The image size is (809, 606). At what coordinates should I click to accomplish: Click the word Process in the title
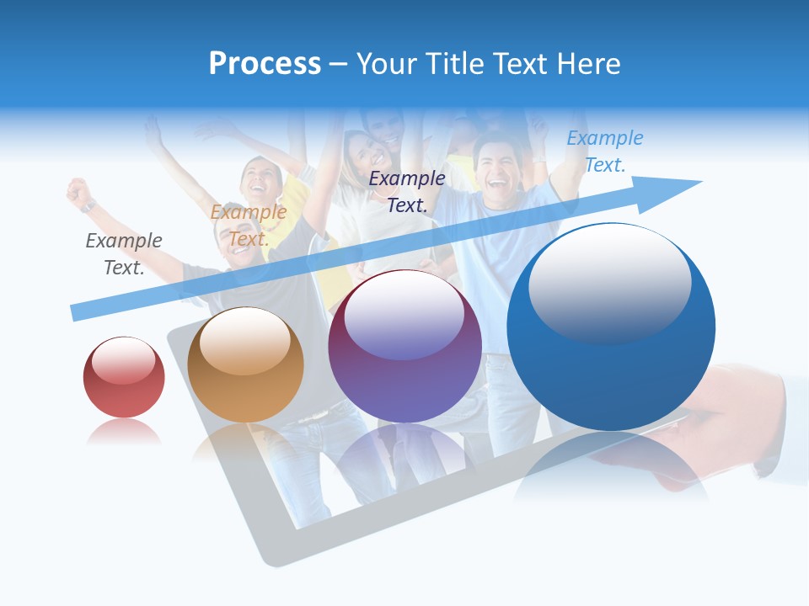point(265,64)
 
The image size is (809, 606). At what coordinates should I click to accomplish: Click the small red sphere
point(124,377)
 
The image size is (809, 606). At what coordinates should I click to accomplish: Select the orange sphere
point(245,365)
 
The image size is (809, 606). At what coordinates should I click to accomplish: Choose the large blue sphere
point(611,327)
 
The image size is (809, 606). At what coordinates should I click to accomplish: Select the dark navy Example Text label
point(407,191)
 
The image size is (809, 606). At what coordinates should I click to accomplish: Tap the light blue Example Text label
point(605,151)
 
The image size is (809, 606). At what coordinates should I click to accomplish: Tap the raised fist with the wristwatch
point(80,193)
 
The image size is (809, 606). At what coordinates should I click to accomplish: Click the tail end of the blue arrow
point(78,312)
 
